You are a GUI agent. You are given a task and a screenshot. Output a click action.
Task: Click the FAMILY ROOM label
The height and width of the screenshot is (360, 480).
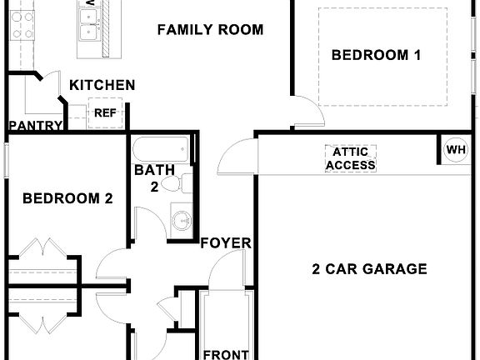(x=210, y=30)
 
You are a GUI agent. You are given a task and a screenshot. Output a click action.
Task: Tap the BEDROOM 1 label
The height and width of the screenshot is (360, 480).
(x=376, y=56)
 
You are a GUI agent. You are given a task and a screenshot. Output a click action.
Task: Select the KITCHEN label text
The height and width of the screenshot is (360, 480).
(x=102, y=85)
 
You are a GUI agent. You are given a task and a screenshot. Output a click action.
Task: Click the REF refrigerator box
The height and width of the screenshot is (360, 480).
(x=104, y=112)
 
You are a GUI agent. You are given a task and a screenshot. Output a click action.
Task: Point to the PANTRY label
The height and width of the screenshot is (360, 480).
(x=36, y=126)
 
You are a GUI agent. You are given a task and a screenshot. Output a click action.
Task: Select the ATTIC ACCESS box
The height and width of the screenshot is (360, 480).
(x=350, y=158)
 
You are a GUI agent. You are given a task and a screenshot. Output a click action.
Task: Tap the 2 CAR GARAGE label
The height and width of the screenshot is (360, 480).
(x=369, y=269)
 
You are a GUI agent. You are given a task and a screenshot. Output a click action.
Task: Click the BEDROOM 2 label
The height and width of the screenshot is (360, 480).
(x=67, y=198)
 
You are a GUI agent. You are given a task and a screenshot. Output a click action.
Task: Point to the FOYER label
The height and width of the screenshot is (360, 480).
(x=226, y=243)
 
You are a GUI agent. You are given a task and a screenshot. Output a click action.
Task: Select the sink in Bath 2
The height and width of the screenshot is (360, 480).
(x=181, y=220)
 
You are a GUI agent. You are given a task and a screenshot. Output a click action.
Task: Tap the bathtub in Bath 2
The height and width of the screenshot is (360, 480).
(x=162, y=151)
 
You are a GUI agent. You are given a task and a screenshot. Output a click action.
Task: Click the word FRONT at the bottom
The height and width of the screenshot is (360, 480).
(x=226, y=354)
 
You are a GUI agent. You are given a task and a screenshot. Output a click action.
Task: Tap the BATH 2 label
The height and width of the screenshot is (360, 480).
(x=155, y=177)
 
